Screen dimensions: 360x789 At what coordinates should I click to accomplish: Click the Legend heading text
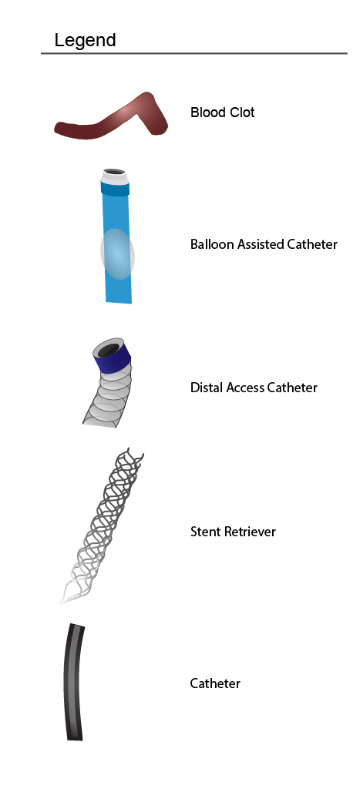pos(85,40)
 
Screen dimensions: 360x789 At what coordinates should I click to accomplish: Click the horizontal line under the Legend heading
pos(193,53)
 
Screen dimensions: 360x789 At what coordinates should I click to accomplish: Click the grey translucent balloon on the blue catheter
pos(117,253)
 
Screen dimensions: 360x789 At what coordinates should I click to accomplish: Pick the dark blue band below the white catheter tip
pos(116,190)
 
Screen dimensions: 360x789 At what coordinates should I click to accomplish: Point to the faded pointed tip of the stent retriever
pos(62,600)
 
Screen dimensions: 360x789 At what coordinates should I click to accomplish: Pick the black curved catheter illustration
pos(72,683)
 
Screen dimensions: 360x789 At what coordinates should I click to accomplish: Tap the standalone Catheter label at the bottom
pos(215,683)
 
